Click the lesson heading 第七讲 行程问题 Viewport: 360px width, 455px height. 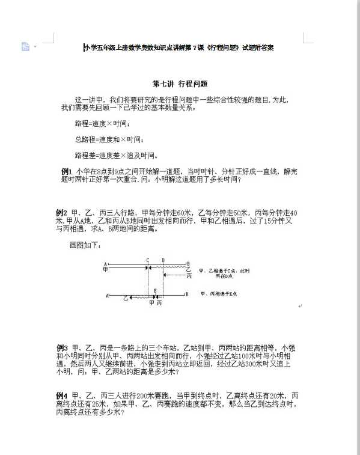click(180, 84)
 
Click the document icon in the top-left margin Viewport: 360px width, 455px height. click(25, 46)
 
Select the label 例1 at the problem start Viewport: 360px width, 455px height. click(67, 171)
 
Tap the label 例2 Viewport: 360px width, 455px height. click(61, 212)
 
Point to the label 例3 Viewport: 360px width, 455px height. click(61, 347)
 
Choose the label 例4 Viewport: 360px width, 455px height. click(61, 395)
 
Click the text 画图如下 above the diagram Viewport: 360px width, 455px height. click(85, 245)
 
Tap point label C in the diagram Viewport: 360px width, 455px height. click(148, 260)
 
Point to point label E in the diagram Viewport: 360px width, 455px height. click(156, 291)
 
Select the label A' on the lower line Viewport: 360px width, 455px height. click(108, 295)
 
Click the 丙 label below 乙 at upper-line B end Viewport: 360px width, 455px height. click(189, 276)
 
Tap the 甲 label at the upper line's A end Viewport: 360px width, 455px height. click(106, 269)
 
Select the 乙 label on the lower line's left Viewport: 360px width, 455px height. click(126, 298)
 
